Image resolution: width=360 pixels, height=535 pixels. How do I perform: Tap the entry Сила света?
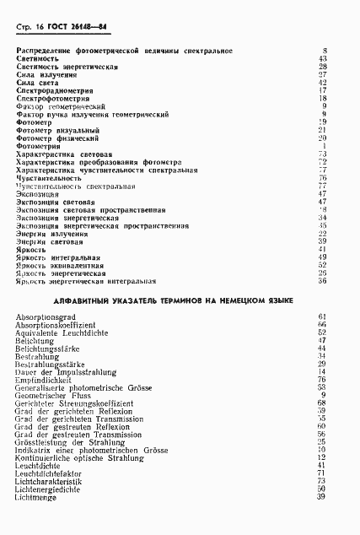point(39,83)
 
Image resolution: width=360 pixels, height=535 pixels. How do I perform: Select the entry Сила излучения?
point(46,74)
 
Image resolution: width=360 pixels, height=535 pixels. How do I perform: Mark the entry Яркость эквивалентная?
point(60,266)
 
